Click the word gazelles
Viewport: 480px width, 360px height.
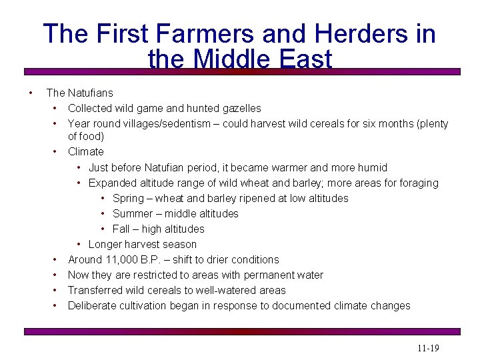[241, 108]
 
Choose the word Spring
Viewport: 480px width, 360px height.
[128, 198]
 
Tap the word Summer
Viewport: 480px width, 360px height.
[133, 213]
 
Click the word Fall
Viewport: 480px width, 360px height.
[121, 229]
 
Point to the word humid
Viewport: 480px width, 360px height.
[372, 167]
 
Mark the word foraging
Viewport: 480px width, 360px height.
[417, 183]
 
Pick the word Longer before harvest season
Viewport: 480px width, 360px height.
[107, 244]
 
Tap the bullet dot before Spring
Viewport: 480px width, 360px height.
[103, 198]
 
